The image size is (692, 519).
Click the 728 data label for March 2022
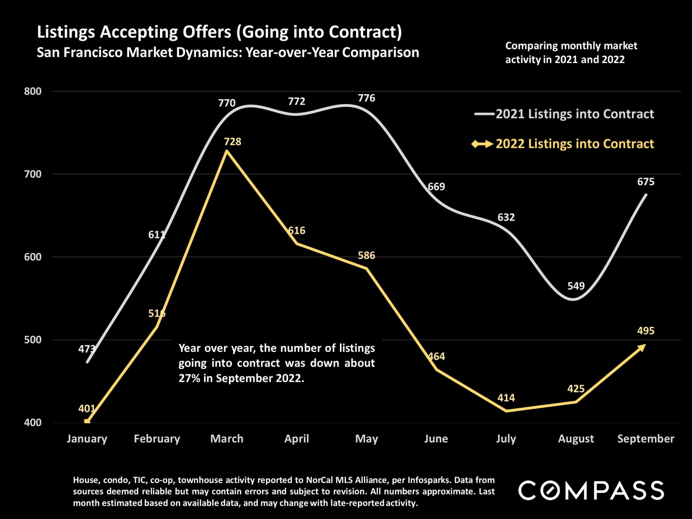tap(232, 142)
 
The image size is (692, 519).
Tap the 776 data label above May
tap(366, 98)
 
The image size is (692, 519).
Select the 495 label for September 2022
tap(646, 331)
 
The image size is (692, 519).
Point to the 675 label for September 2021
tap(646, 182)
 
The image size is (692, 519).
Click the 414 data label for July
tap(506, 398)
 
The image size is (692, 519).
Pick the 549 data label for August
tap(576, 286)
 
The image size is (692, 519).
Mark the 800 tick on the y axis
tap(33, 92)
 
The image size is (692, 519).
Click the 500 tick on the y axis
tap(33, 340)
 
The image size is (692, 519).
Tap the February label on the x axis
tap(157, 439)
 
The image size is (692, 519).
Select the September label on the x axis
tap(646, 439)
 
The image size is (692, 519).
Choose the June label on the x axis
tap(436, 439)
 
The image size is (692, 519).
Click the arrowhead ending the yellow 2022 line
tap(642, 347)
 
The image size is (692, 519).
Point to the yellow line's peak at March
tap(227, 151)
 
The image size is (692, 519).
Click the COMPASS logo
tap(591, 491)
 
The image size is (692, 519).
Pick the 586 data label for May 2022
tap(366, 256)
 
